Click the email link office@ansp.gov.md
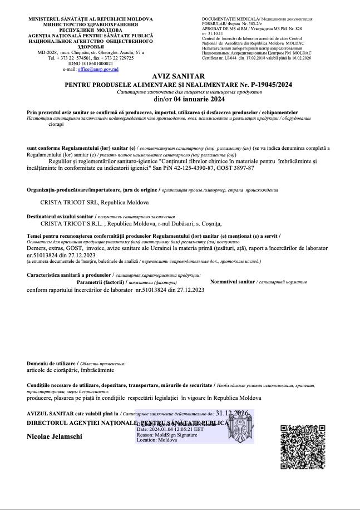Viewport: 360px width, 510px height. coord(100,69)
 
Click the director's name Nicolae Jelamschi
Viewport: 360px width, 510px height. coord(55,437)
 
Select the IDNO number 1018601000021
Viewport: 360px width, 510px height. coord(99,63)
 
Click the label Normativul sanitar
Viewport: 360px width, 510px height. coord(232,282)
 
